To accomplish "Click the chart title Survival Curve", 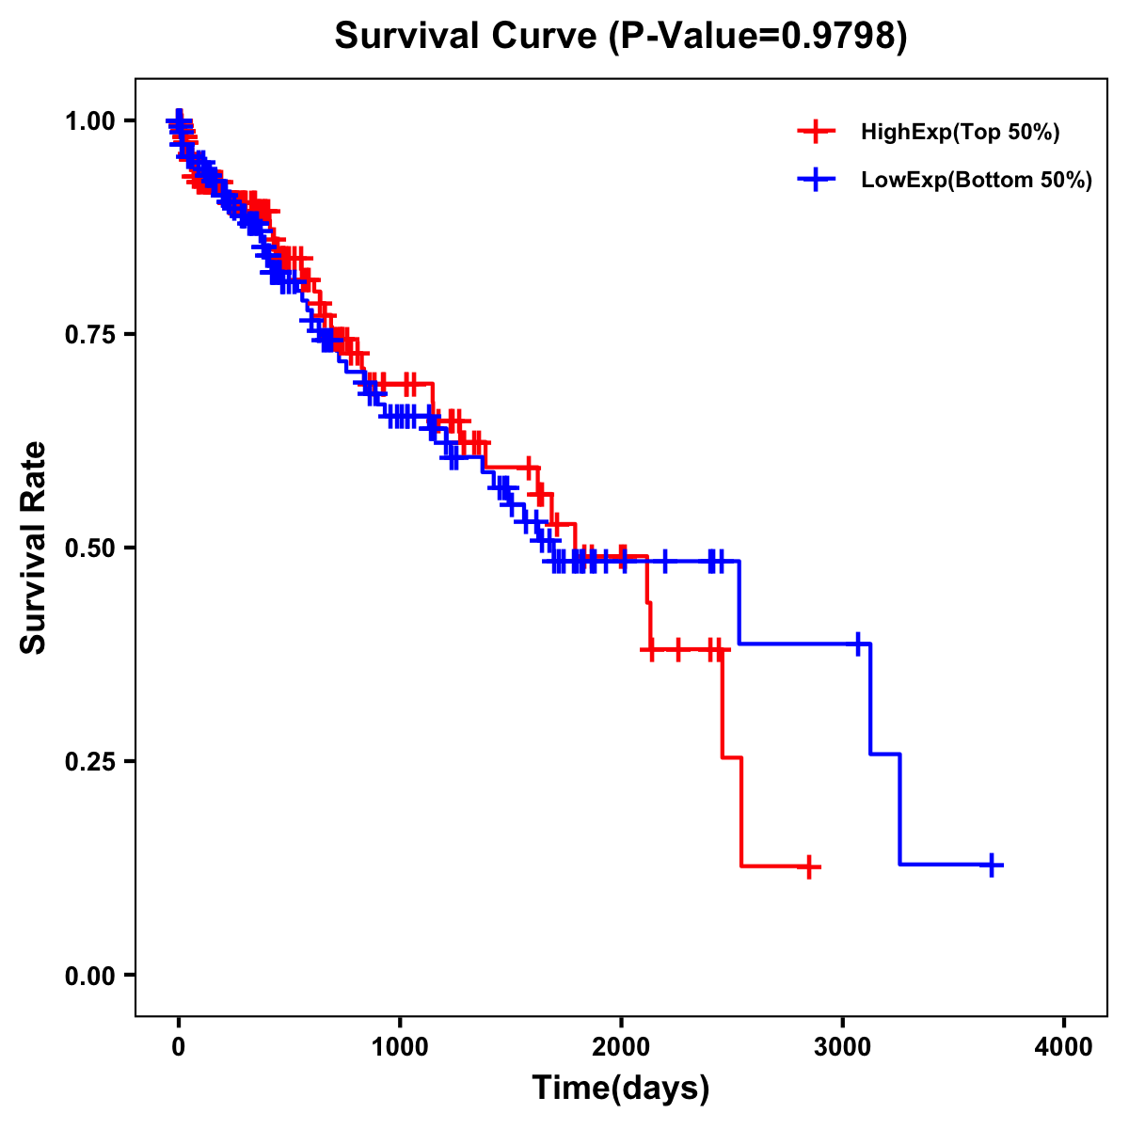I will coord(466,37).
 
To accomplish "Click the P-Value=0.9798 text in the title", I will coord(757,37).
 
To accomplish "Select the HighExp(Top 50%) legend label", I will coord(961,133).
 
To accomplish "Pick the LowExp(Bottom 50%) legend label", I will coord(977,181).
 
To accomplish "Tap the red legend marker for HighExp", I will coord(816,133).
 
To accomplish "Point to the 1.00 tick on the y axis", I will coord(90,120).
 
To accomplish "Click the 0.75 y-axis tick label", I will coord(90,334).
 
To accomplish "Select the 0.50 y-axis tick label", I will coord(90,548).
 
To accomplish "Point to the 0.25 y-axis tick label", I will coord(90,761).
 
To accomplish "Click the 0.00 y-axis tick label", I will coord(90,975).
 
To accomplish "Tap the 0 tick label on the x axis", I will coord(178,1047).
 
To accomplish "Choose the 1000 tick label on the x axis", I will coord(400,1047).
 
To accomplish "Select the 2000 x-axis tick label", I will coord(621,1047).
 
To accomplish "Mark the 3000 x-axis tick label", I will coord(843,1047).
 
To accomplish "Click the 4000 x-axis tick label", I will coord(1064,1047).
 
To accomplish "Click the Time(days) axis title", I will coord(621,1089).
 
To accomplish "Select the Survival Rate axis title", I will coord(34,548).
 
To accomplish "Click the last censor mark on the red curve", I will coord(807,867).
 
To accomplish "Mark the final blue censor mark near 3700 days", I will coord(991,865).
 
